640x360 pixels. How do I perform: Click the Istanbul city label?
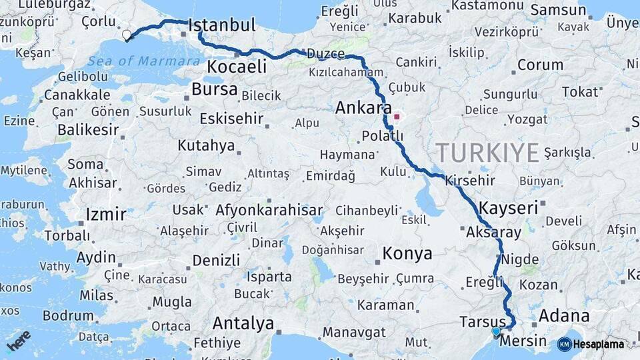pyautogui.click(x=222, y=26)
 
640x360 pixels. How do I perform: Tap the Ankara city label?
pyautogui.click(x=363, y=108)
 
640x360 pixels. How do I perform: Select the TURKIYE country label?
pyautogui.click(x=487, y=153)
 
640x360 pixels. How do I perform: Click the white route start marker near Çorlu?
pyautogui.click(x=127, y=35)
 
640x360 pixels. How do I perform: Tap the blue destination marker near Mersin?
pyautogui.click(x=495, y=331)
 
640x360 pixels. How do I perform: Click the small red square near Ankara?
pyautogui.click(x=397, y=117)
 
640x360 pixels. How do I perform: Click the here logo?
pyautogui.click(x=19, y=340)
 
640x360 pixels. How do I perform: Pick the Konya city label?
pyautogui.click(x=407, y=254)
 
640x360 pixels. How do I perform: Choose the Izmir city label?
pyautogui.click(x=105, y=215)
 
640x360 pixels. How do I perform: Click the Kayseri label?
pyautogui.click(x=508, y=208)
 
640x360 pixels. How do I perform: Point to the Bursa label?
pyautogui.click(x=214, y=89)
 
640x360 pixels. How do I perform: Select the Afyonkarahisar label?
pyautogui.click(x=269, y=210)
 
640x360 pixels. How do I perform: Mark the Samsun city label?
pyautogui.click(x=558, y=11)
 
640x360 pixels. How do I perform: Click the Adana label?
pyautogui.click(x=564, y=315)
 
